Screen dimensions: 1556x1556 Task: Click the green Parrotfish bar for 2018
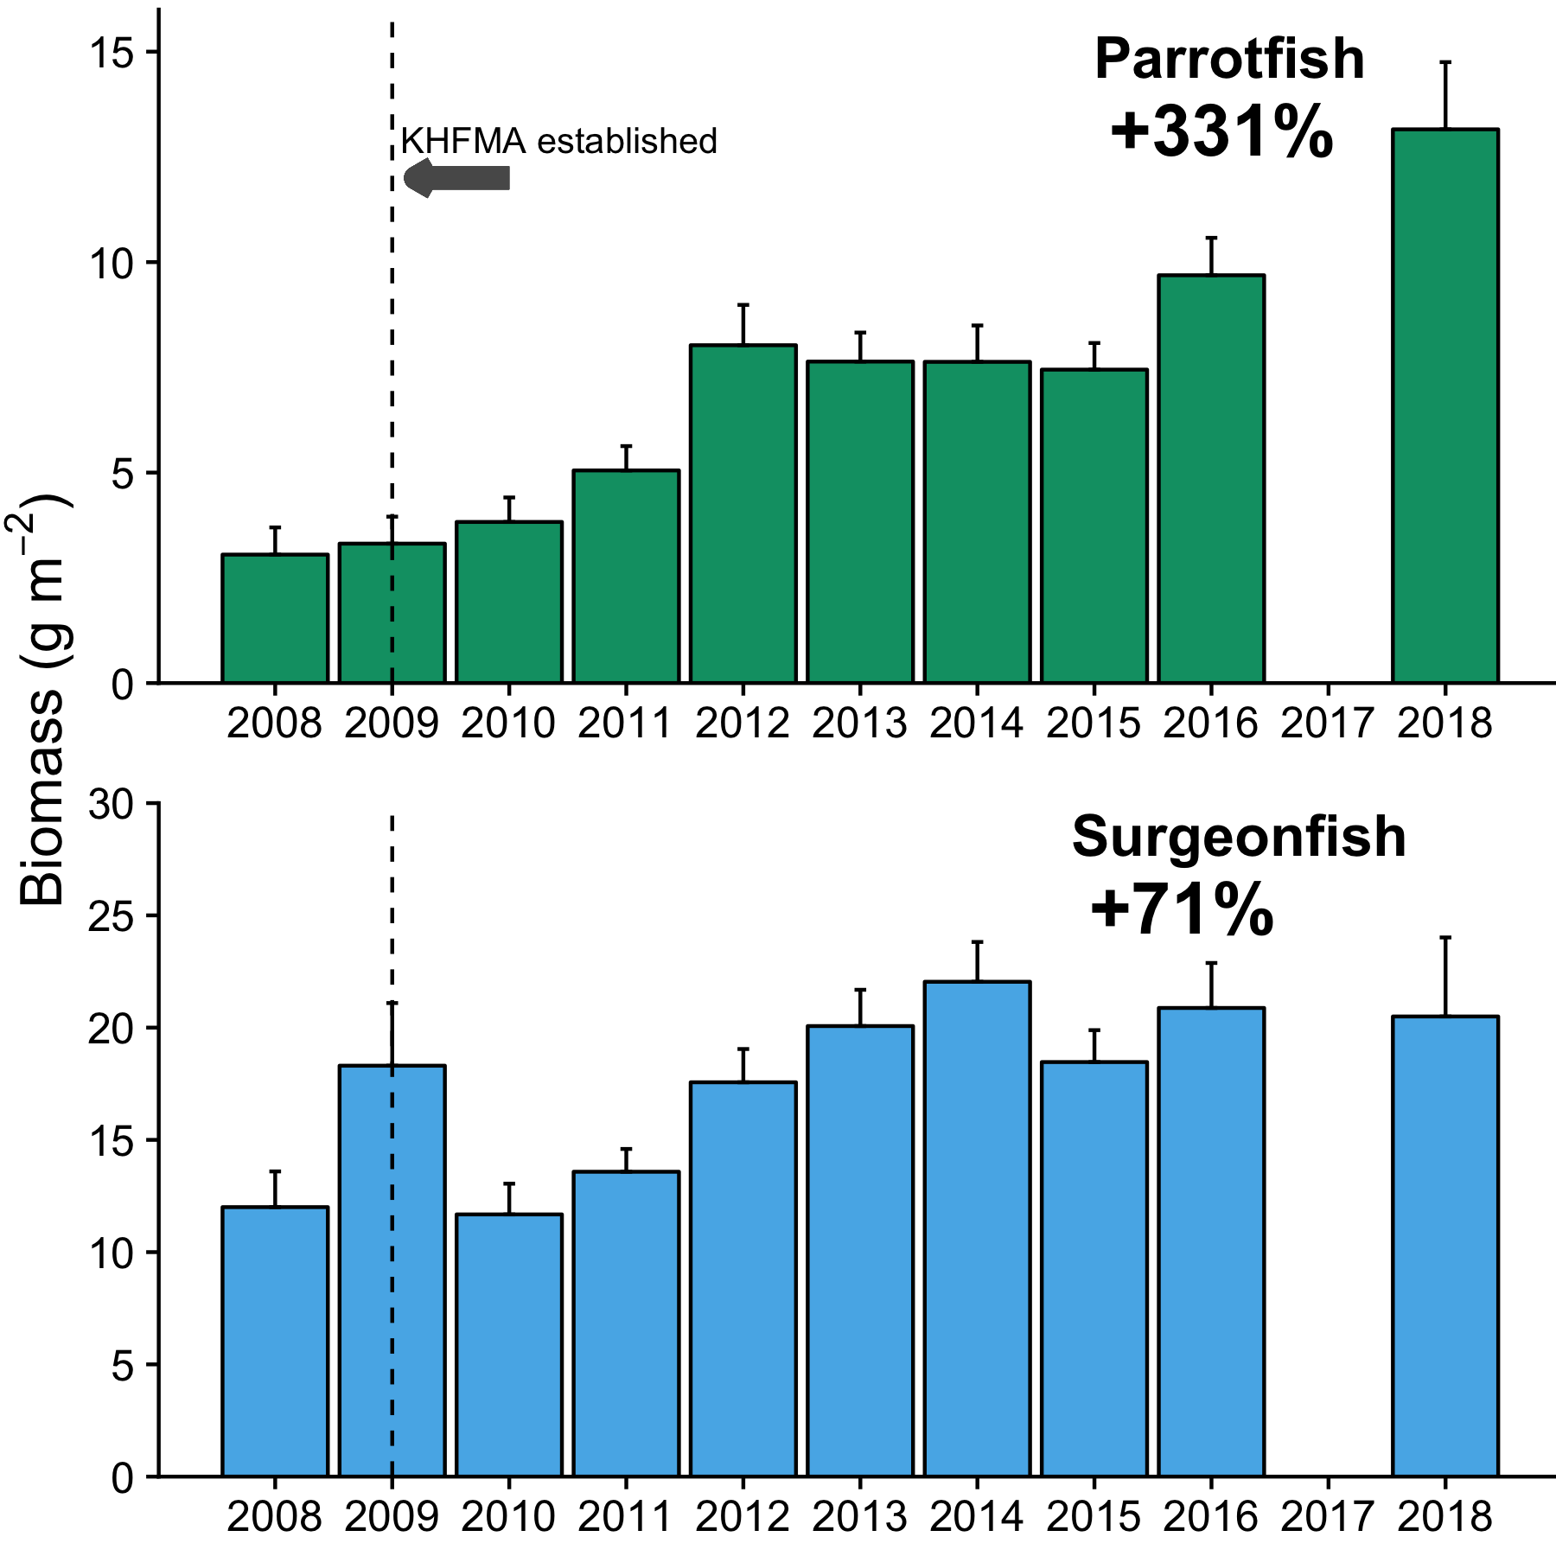[x=1444, y=406]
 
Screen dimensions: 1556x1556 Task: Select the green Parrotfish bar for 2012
[x=743, y=514]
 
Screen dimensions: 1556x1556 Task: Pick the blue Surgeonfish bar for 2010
[x=509, y=1345]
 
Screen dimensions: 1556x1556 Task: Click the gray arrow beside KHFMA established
[x=457, y=178]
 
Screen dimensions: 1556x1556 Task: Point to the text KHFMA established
[x=558, y=141]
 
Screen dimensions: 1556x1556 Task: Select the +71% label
[x=1181, y=909]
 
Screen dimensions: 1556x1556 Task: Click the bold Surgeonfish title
[x=1238, y=837]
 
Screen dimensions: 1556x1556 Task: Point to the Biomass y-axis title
[x=43, y=700]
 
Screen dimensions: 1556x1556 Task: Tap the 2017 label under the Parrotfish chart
[x=1327, y=723]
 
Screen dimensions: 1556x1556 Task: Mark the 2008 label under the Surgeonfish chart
[x=275, y=1517]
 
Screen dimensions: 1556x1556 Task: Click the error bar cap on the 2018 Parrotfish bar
[x=1444, y=62]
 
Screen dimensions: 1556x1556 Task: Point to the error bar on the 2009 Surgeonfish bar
[x=392, y=1033]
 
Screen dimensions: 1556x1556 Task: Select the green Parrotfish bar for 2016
[x=1211, y=479]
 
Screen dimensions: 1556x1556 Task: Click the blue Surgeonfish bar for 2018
[x=1444, y=1246]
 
